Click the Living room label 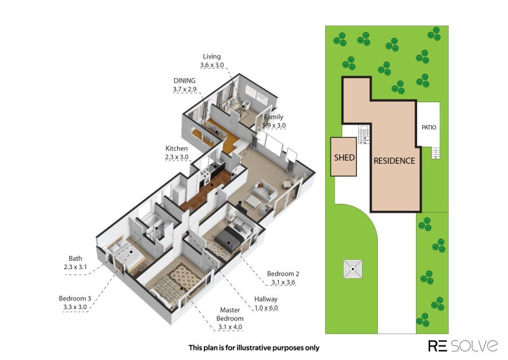click(211, 57)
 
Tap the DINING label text click(184, 81)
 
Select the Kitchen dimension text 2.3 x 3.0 click(177, 157)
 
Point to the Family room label click(274, 117)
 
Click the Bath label click(75, 258)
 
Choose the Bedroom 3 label click(75, 298)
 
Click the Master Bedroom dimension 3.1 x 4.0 click(230, 327)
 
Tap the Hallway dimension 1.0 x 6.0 click(266, 307)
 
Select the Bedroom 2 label click(283, 274)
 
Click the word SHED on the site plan click(344, 158)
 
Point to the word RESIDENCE click(394, 161)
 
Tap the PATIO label click(429, 128)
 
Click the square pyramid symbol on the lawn click(353, 269)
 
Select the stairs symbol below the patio click(436, 153)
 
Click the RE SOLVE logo click(463, 346)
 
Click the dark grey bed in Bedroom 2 click(229, 240)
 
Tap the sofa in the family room click(264, 191)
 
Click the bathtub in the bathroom click(153, 220)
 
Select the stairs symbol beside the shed click(364, 135)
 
